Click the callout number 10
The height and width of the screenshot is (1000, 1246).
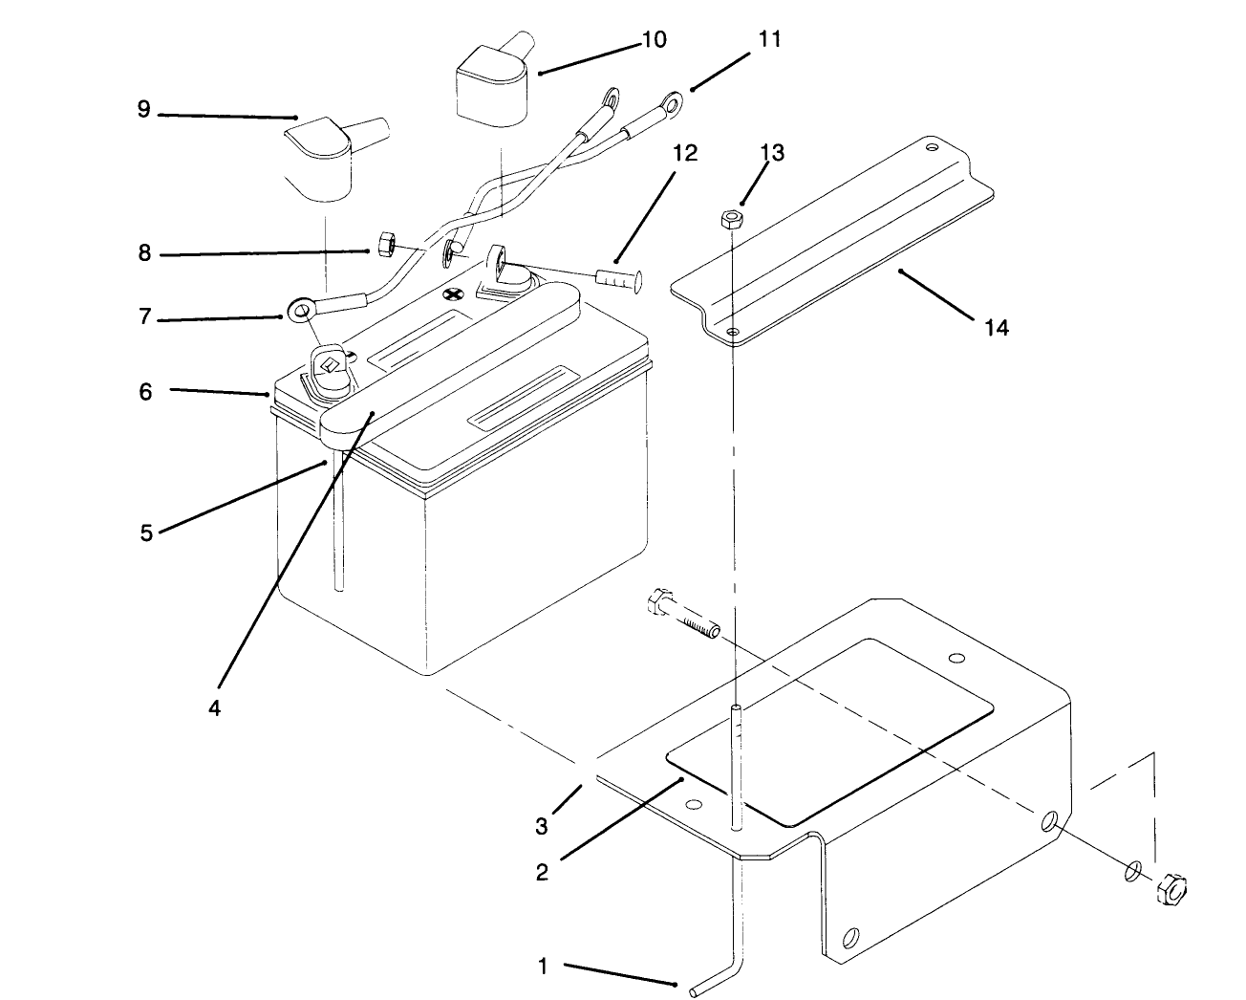click(x=655, y=39)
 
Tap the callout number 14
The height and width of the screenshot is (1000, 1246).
click(x=996, y=328)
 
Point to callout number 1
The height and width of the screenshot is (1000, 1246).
click(x=543, y=967)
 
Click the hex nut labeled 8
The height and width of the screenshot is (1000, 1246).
click(x=388, y=246)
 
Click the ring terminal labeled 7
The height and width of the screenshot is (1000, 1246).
click(x=302, y=309)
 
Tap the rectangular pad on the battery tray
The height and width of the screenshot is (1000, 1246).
click(x=829, y=731)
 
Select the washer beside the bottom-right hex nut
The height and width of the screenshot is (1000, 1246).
click(x=1132, y=870)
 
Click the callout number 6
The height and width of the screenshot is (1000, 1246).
click(x=145, y=391)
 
